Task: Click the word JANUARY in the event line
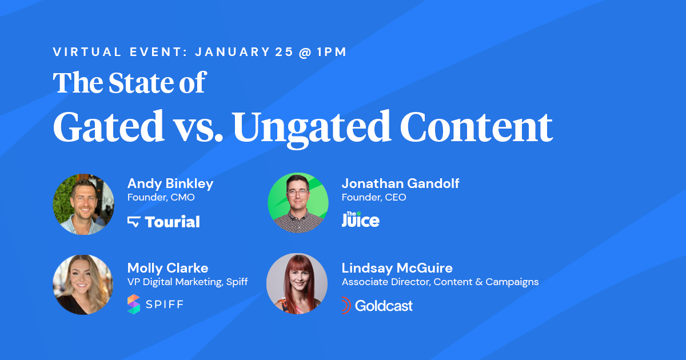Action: (232, 52)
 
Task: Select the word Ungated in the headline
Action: (312, 126)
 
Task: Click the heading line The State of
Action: (129, 83)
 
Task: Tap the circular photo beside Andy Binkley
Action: (83, 204)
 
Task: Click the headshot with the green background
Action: (298, 203)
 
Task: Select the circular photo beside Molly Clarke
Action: (83, 285)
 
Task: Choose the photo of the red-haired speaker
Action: (297, 284)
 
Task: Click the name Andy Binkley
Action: (170, 183)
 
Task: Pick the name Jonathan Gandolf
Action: (400, 183)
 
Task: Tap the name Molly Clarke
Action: (167, 268)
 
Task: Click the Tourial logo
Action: (163, 222)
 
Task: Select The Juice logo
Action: (360, 219)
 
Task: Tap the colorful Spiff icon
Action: (134, 304)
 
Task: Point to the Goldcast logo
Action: (377, 306)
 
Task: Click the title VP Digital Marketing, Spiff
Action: (188, 282)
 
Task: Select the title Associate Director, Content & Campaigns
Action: (440, 282)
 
